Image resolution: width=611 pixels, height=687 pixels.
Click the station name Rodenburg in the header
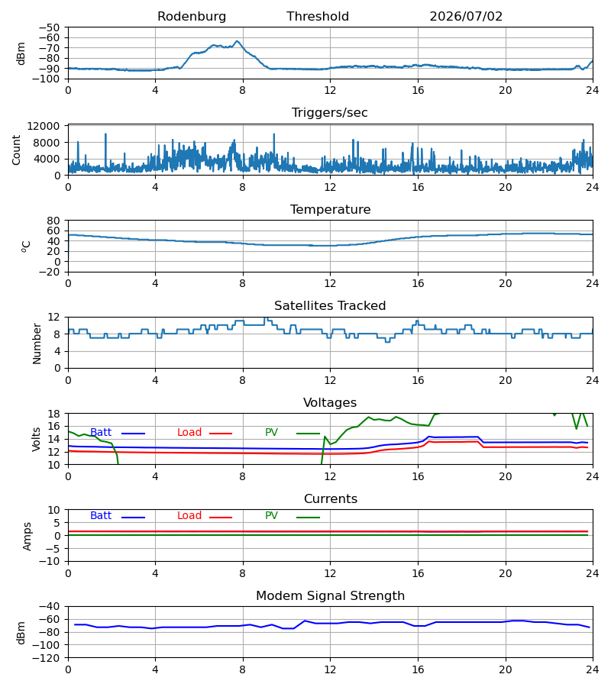tap(192, 17)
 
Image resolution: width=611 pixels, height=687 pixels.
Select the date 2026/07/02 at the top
tap(466, 17)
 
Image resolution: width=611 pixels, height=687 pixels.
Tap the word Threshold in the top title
tap(318, 17)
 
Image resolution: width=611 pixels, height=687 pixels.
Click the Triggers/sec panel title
tap(330, 113)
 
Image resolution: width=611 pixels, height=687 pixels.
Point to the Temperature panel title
tap(330, 209)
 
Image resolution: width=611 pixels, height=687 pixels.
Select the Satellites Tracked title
tap(330, 306)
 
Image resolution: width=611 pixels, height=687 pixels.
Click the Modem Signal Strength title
tap(330, 596)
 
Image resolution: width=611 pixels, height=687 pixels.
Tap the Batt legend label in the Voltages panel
tap(101, 433)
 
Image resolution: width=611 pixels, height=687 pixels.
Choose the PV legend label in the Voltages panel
tap(271, 433)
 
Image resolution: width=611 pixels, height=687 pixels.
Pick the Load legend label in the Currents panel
tap(189, 516)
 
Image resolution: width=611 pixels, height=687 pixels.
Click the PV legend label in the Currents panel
tap(271, 516)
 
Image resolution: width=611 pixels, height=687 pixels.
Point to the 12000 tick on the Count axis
tap(44, 126)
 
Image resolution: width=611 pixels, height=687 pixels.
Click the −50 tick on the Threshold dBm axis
tap(49, 27)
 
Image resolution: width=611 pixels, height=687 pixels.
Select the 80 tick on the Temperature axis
tap(53, 221)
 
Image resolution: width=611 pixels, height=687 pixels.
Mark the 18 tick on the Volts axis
tap(54, 414)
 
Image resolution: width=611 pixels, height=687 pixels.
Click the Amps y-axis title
tap(27, 536)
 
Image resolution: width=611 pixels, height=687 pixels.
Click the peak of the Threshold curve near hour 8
tap(237, 41)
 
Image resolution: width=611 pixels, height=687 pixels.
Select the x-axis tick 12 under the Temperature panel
tap(330, 283)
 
